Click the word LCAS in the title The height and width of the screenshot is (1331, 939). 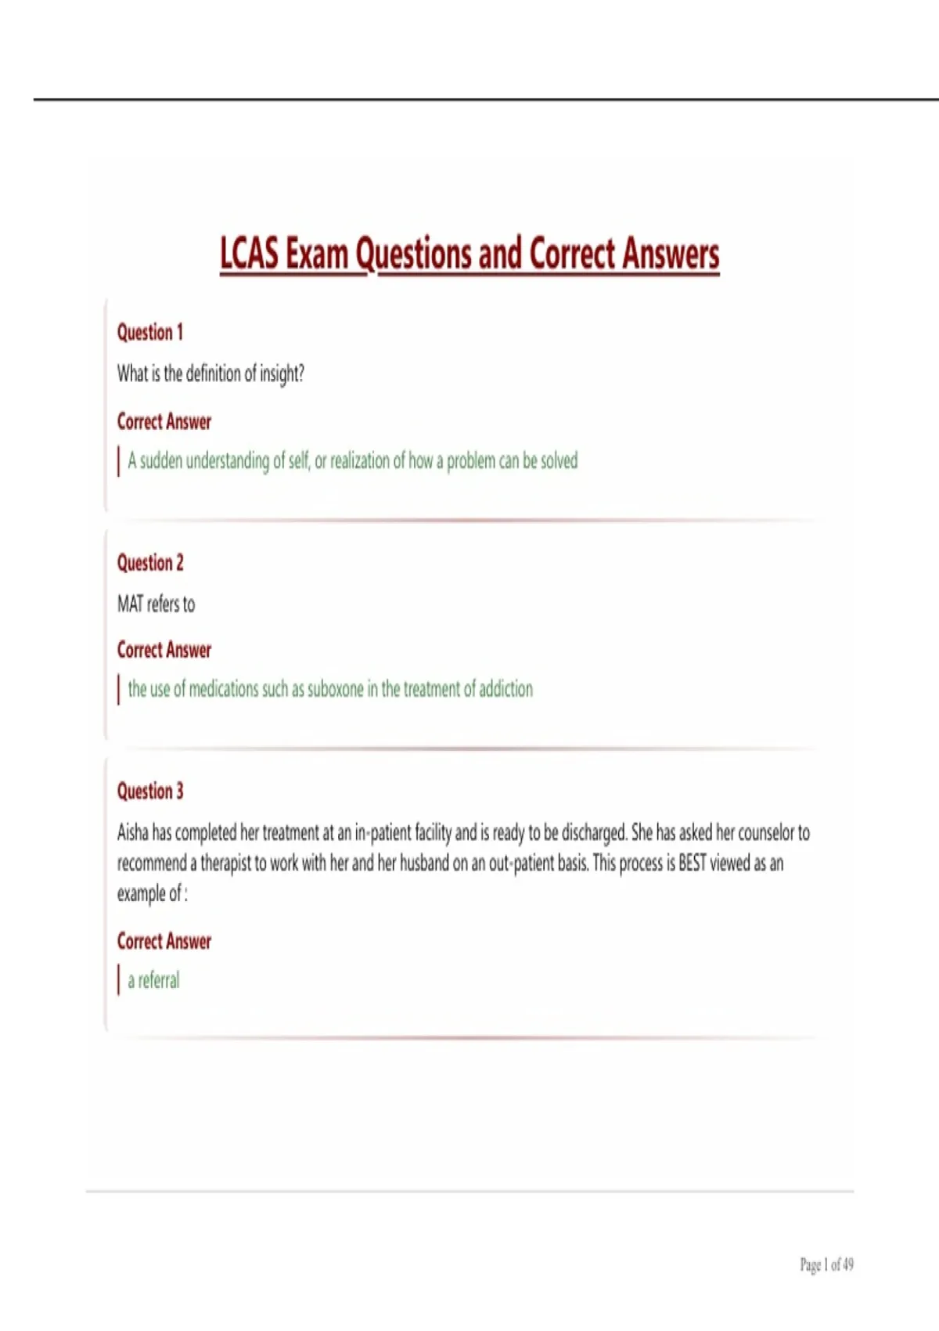(249, 254)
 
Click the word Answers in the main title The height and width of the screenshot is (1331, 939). (671, 254)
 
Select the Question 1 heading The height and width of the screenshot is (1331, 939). (150, 333)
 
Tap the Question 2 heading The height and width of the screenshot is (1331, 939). (150, 563)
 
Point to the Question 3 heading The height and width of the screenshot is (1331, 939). (150, 792)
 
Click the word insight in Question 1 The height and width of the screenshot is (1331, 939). (282, 374)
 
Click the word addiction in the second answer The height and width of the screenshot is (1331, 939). (505, 690)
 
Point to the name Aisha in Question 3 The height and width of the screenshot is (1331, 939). (132, 832)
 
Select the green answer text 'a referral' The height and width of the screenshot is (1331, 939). (153, 981)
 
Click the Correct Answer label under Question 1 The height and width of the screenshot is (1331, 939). (164, 422)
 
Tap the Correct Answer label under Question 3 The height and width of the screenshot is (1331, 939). (164, 942)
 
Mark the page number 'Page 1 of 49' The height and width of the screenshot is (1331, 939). (826, 1264)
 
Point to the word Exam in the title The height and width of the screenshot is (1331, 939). (316, 254)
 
